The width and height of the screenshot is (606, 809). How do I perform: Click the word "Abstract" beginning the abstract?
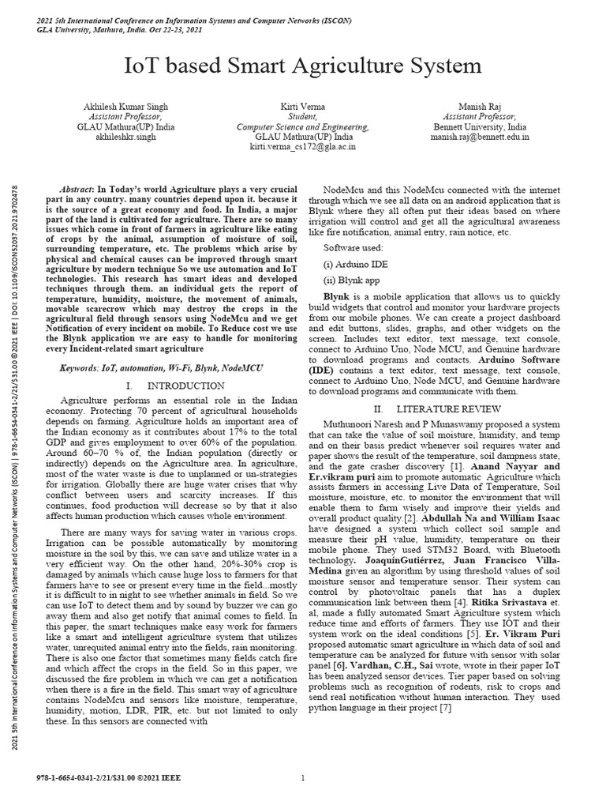click(77, 191)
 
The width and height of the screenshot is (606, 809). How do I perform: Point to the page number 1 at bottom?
click(303, 778)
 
